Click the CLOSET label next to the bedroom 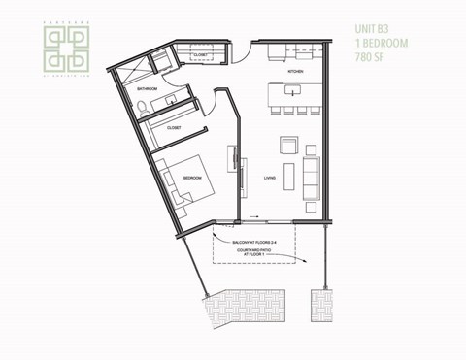[x=175, y=127]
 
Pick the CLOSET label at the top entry [x=202, y=56]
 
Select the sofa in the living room [x=311, y=173]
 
